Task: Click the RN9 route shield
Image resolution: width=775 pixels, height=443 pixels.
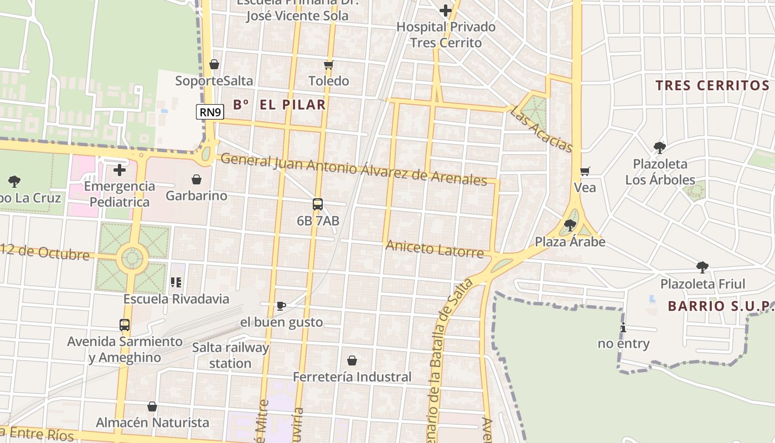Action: click(x=210, y=112)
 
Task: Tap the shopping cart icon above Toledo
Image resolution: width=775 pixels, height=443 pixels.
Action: click(x=329, y=65)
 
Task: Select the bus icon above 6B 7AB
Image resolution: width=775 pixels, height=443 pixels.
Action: click(x=318, y=204)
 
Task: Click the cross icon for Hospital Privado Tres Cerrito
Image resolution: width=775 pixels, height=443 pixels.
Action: click(x=446, y=11)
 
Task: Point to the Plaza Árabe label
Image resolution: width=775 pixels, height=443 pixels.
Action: click(x=570, y=242)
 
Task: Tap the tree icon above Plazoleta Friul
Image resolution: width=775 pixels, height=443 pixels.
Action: click(x=702, y=267)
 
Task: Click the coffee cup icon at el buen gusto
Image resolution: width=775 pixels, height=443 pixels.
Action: click(x=281, y=306)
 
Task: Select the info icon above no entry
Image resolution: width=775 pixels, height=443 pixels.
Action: click(x=623, y=327)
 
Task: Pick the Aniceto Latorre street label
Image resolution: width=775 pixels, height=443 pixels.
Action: click(x=435, y=249)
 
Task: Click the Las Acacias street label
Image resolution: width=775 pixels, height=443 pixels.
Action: click(x=541, y=130)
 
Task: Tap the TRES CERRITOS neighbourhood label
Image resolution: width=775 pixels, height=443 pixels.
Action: click(x=712, y=85)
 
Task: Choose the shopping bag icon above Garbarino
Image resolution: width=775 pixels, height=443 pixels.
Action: click(x=196, y=179)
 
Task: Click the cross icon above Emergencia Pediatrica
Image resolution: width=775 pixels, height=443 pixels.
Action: click(x=120, y=169)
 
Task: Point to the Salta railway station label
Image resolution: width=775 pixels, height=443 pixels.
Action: click(x=230, y=356)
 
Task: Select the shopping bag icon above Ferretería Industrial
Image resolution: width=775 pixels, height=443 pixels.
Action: click(x=352, y=361)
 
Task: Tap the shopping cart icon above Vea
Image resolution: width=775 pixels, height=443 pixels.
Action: click(x=585, y=171)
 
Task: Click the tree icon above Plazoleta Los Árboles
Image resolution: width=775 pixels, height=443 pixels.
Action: click(x=659, y=147)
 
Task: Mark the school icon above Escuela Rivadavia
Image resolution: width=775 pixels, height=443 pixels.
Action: click(x=176, y=282)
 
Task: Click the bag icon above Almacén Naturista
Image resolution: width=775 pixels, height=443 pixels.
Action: click(x=152, y=406)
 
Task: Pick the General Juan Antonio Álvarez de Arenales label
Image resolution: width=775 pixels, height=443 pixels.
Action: click(x=354, y=169)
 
